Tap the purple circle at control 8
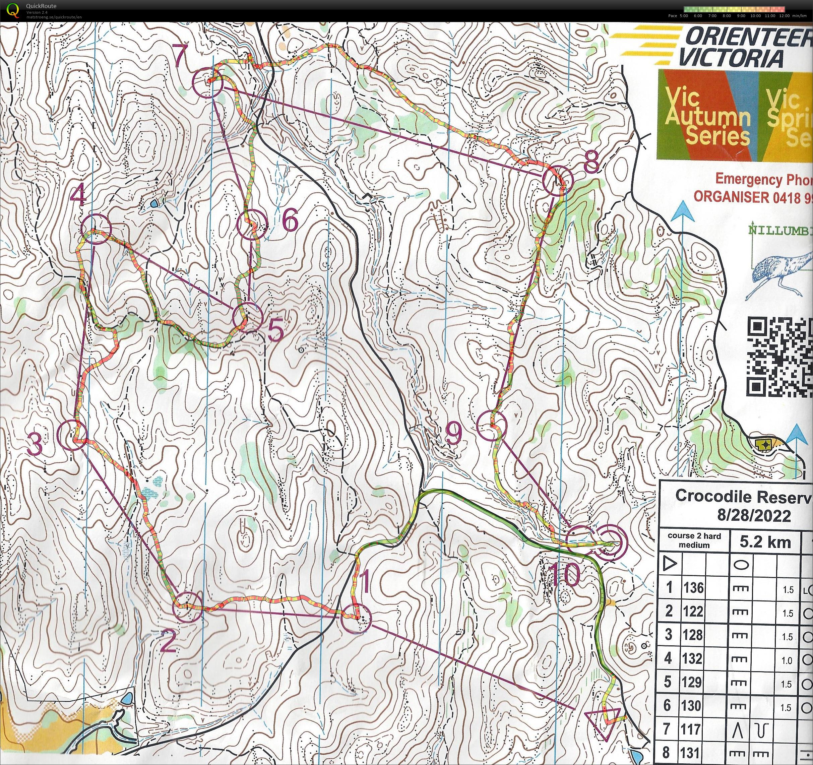click(558, 180)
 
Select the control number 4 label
click(79, 195)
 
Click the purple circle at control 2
click(188, 607)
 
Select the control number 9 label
click(453, 435)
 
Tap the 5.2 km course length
click(765, 543)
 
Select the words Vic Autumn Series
click(707, 117)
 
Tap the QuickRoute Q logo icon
click(13, 10)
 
